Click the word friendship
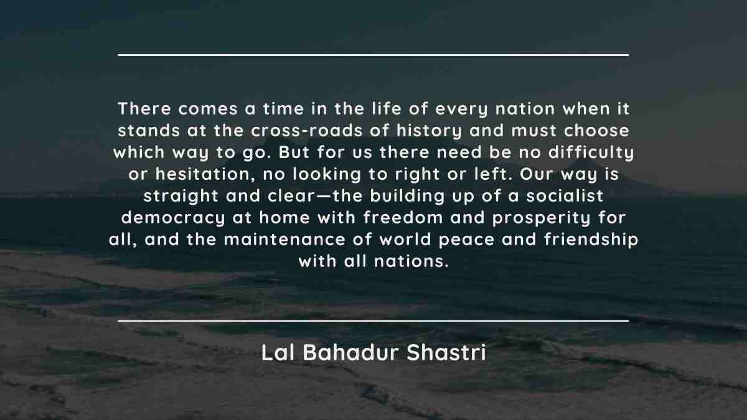[591, 240]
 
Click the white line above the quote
[374, 55]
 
